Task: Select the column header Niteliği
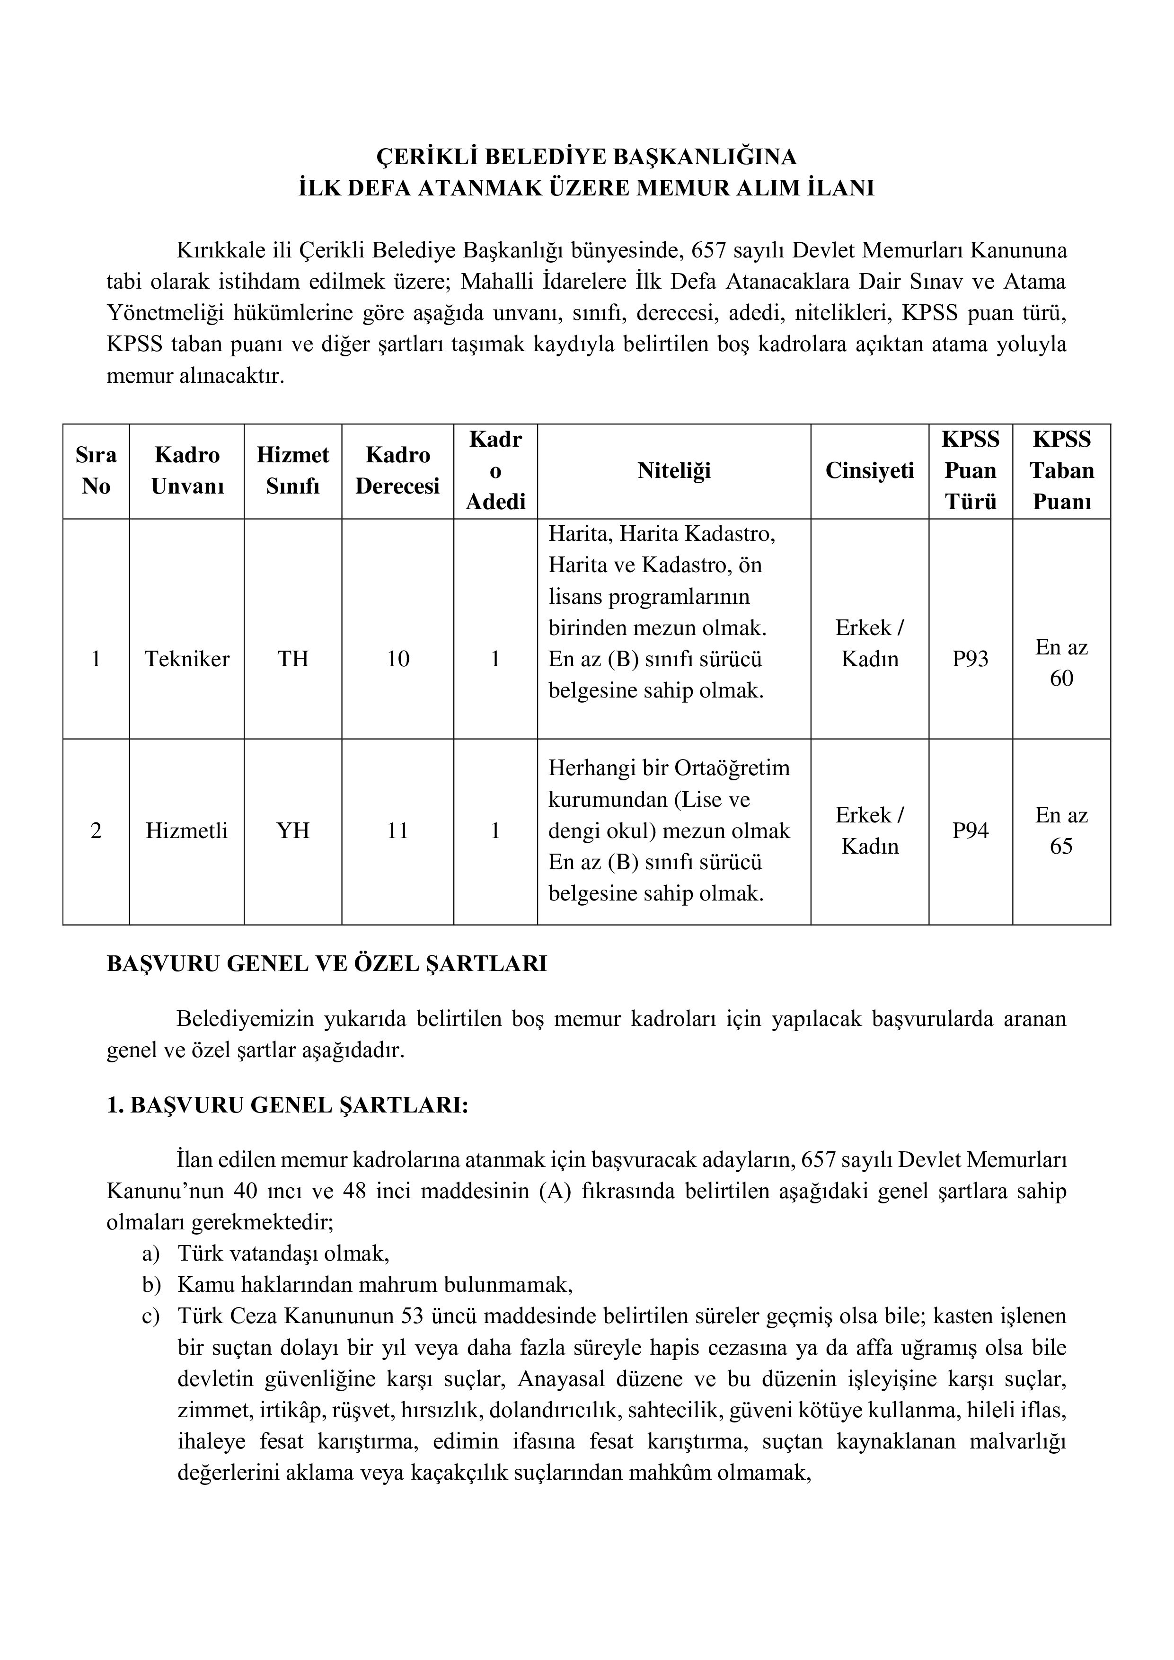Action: [x=674, y=471]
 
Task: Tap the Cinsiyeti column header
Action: [x=870, y=471]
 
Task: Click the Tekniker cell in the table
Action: [x=186, y=659]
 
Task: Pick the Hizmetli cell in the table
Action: [x=186, y=831]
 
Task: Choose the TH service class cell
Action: [x=293, y=659]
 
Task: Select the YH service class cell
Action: [x=293, y=831]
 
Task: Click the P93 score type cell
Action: [x=970, y=659]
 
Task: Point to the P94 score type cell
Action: [x=970, y=831]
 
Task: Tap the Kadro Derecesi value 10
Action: [x=397, y=659]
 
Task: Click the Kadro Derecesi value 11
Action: [x=397, y=831]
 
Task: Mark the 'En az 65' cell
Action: [x=1061, y=831]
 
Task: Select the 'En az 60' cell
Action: [x=1061, y=662]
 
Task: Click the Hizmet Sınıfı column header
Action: [x=293, y=471]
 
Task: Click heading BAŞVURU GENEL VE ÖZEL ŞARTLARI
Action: [x=327, y=964]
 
